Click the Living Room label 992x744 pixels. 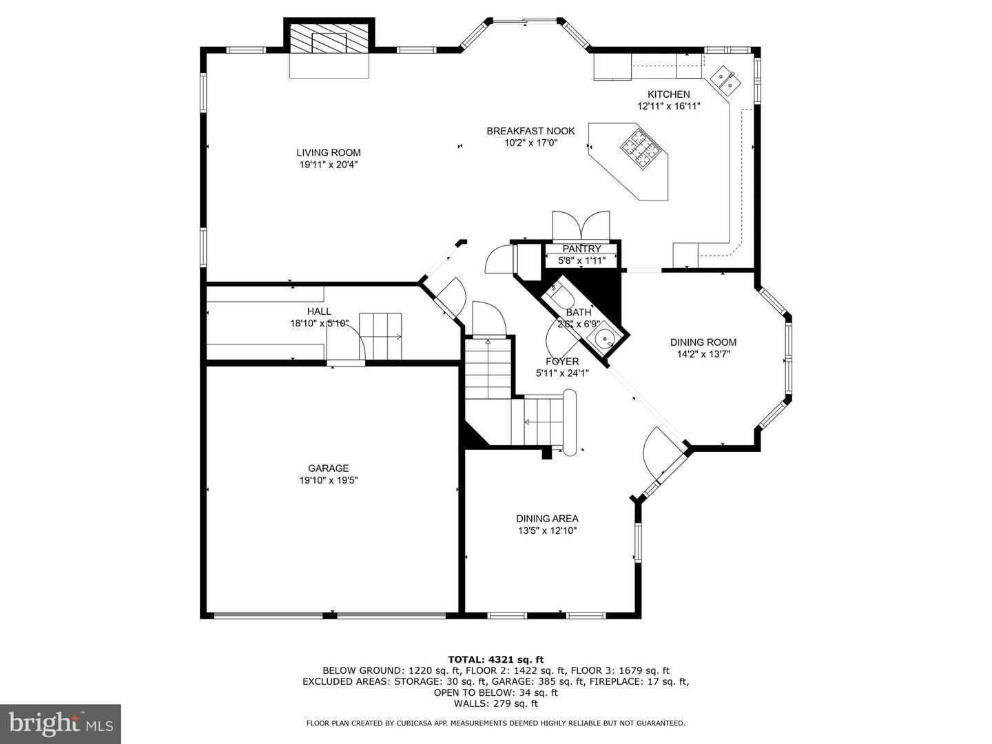(329, 153)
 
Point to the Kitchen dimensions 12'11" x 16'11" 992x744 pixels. (668, 106)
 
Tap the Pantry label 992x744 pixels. (581, 249)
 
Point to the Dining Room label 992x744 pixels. (703, 342)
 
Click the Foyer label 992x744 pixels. (562, 362)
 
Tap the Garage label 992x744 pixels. (328, 468)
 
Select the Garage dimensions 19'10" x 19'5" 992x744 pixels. (328, 480)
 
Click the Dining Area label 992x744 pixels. (547, 519)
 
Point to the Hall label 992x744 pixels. (319, 311)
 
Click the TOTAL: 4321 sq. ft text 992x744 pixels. (495, 659)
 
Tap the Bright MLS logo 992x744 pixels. (61, 723)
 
